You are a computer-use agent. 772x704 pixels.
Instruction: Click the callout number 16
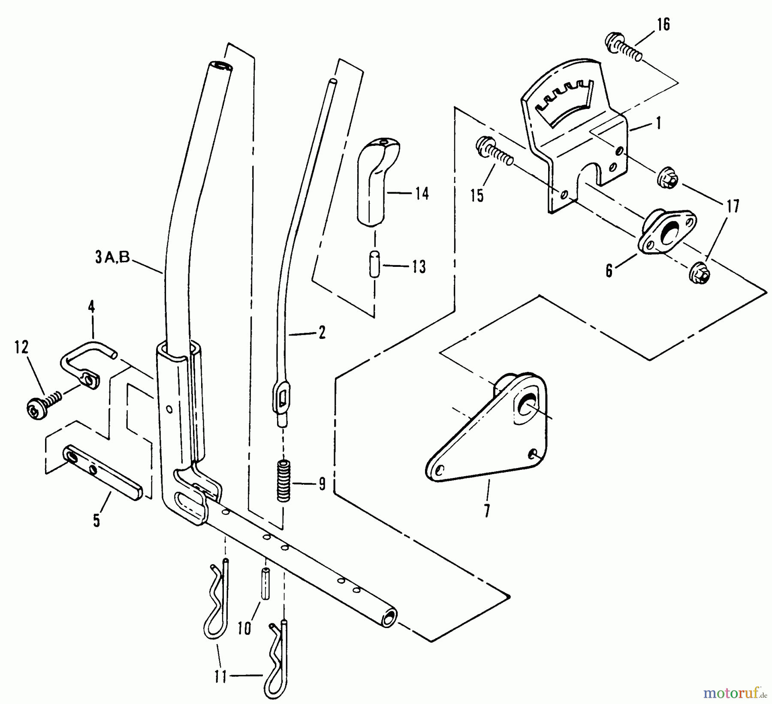(x=663, y=24)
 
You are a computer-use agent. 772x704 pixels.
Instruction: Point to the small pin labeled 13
(x=374, y=265)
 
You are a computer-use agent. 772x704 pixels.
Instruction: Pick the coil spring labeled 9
(x=283, y=480)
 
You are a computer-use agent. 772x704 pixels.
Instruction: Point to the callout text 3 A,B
(x=112, y=258)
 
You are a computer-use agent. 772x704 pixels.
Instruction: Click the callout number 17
(x=733, y=206)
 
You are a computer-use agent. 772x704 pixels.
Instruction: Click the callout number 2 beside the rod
(x=322, y=332)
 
